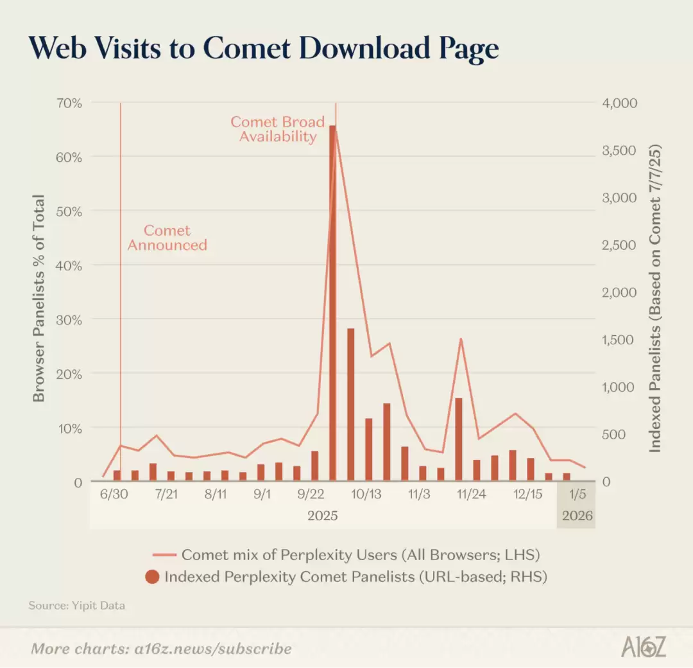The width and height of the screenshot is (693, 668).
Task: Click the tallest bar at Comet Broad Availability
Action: click(x=332, y=302)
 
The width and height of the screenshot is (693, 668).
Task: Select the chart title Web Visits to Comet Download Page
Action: click(x=263, y=49)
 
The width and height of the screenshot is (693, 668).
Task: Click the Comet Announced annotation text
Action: click(x=167, y=238)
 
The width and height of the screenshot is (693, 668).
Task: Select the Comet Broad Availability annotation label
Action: click(x=278, y=129)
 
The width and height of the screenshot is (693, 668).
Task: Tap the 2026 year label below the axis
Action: click(x=577, y=516)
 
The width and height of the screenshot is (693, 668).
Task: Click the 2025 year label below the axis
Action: click(x=322, y=516)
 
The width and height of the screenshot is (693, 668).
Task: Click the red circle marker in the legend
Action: click(x=152, y=577)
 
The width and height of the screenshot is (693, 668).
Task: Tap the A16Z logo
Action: click(x=643, y=647)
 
